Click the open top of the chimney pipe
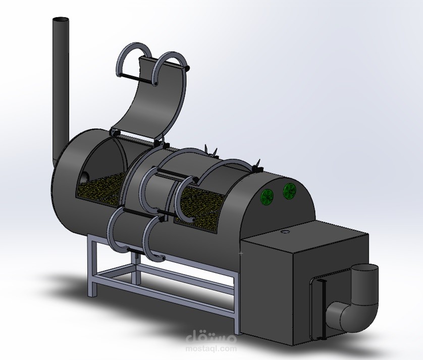coord(60,20)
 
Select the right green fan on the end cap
coord(290,191)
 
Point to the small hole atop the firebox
coord(286,232)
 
